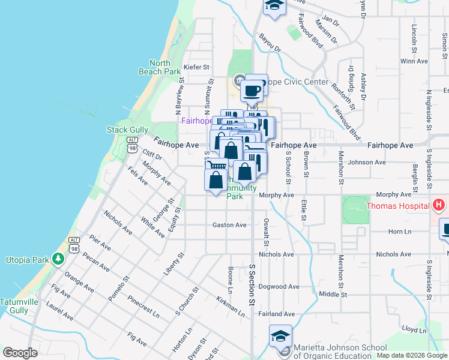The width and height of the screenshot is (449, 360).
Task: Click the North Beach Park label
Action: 164,67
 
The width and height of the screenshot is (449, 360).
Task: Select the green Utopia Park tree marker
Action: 58,259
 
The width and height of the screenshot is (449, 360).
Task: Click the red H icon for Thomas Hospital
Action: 439,206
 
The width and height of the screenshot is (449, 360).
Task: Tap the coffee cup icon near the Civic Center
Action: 252,91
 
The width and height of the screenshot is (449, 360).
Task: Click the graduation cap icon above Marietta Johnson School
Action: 280,335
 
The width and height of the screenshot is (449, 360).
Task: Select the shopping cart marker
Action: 217,165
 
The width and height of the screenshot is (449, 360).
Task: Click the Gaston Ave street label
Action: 229,225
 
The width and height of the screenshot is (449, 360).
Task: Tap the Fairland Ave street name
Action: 277,314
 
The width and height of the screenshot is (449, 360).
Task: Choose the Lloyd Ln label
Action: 414,330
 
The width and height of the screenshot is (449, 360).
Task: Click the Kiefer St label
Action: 196,67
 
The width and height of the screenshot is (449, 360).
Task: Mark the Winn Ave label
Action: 414,61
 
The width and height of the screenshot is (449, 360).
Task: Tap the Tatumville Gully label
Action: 14,305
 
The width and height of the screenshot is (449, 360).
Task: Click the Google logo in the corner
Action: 20,353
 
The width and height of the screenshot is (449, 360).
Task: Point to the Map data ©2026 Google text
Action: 412,355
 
